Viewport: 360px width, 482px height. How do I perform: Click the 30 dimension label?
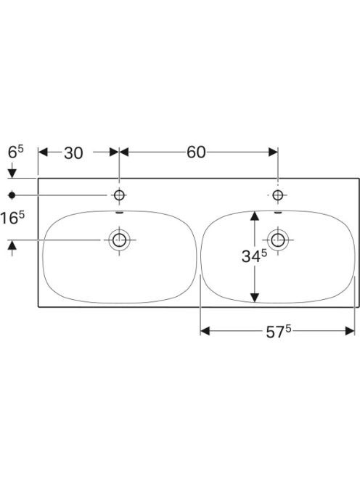73,152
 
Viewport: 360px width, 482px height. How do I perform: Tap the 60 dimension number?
196,152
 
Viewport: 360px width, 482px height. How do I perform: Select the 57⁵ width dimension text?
279,331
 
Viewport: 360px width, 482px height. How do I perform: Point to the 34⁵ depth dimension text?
254,256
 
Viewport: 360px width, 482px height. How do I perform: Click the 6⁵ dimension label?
16,152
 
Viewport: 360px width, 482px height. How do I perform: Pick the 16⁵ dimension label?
12,218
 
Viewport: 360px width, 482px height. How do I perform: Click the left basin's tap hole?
119,195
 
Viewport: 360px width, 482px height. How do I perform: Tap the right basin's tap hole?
278,195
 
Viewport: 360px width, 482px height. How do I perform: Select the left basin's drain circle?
119,240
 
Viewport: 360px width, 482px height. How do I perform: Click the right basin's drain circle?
278,240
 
